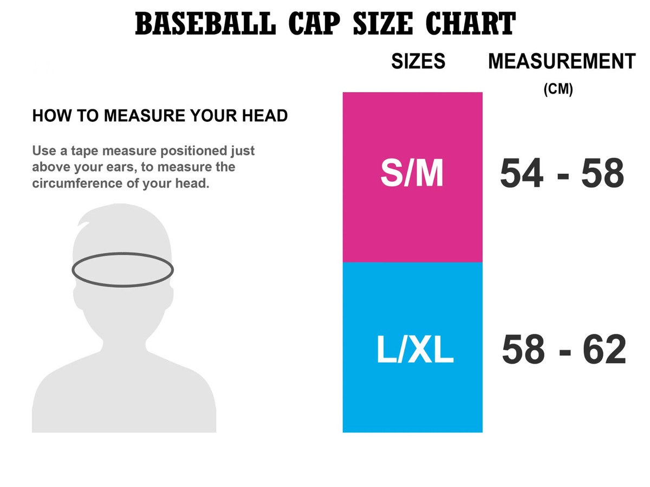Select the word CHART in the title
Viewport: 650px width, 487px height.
(x=471, y=25)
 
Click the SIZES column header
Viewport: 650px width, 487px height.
(x=418, y=62)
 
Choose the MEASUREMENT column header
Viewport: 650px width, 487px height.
(x=562, y=62)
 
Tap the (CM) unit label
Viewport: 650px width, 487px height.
(x=558, y=89)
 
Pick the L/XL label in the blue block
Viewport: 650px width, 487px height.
(x=414, y=350)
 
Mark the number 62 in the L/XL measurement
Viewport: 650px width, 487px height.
(x=604, y=350)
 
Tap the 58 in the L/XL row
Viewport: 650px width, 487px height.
(x=523, y=350)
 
